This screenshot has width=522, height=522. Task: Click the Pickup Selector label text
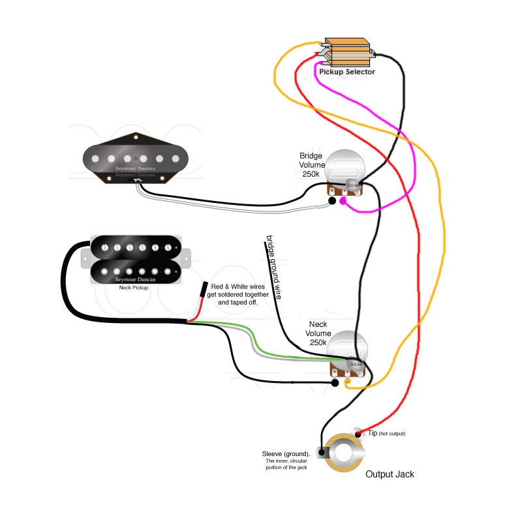pos(346,72)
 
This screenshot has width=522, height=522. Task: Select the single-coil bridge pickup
pos(136,157)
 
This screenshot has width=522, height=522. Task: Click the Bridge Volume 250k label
pos(311,165)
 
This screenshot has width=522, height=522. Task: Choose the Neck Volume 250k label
pos(319,333)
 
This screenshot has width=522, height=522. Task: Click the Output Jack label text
pos(390,474)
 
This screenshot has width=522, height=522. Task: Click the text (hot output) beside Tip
pos(392,434)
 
